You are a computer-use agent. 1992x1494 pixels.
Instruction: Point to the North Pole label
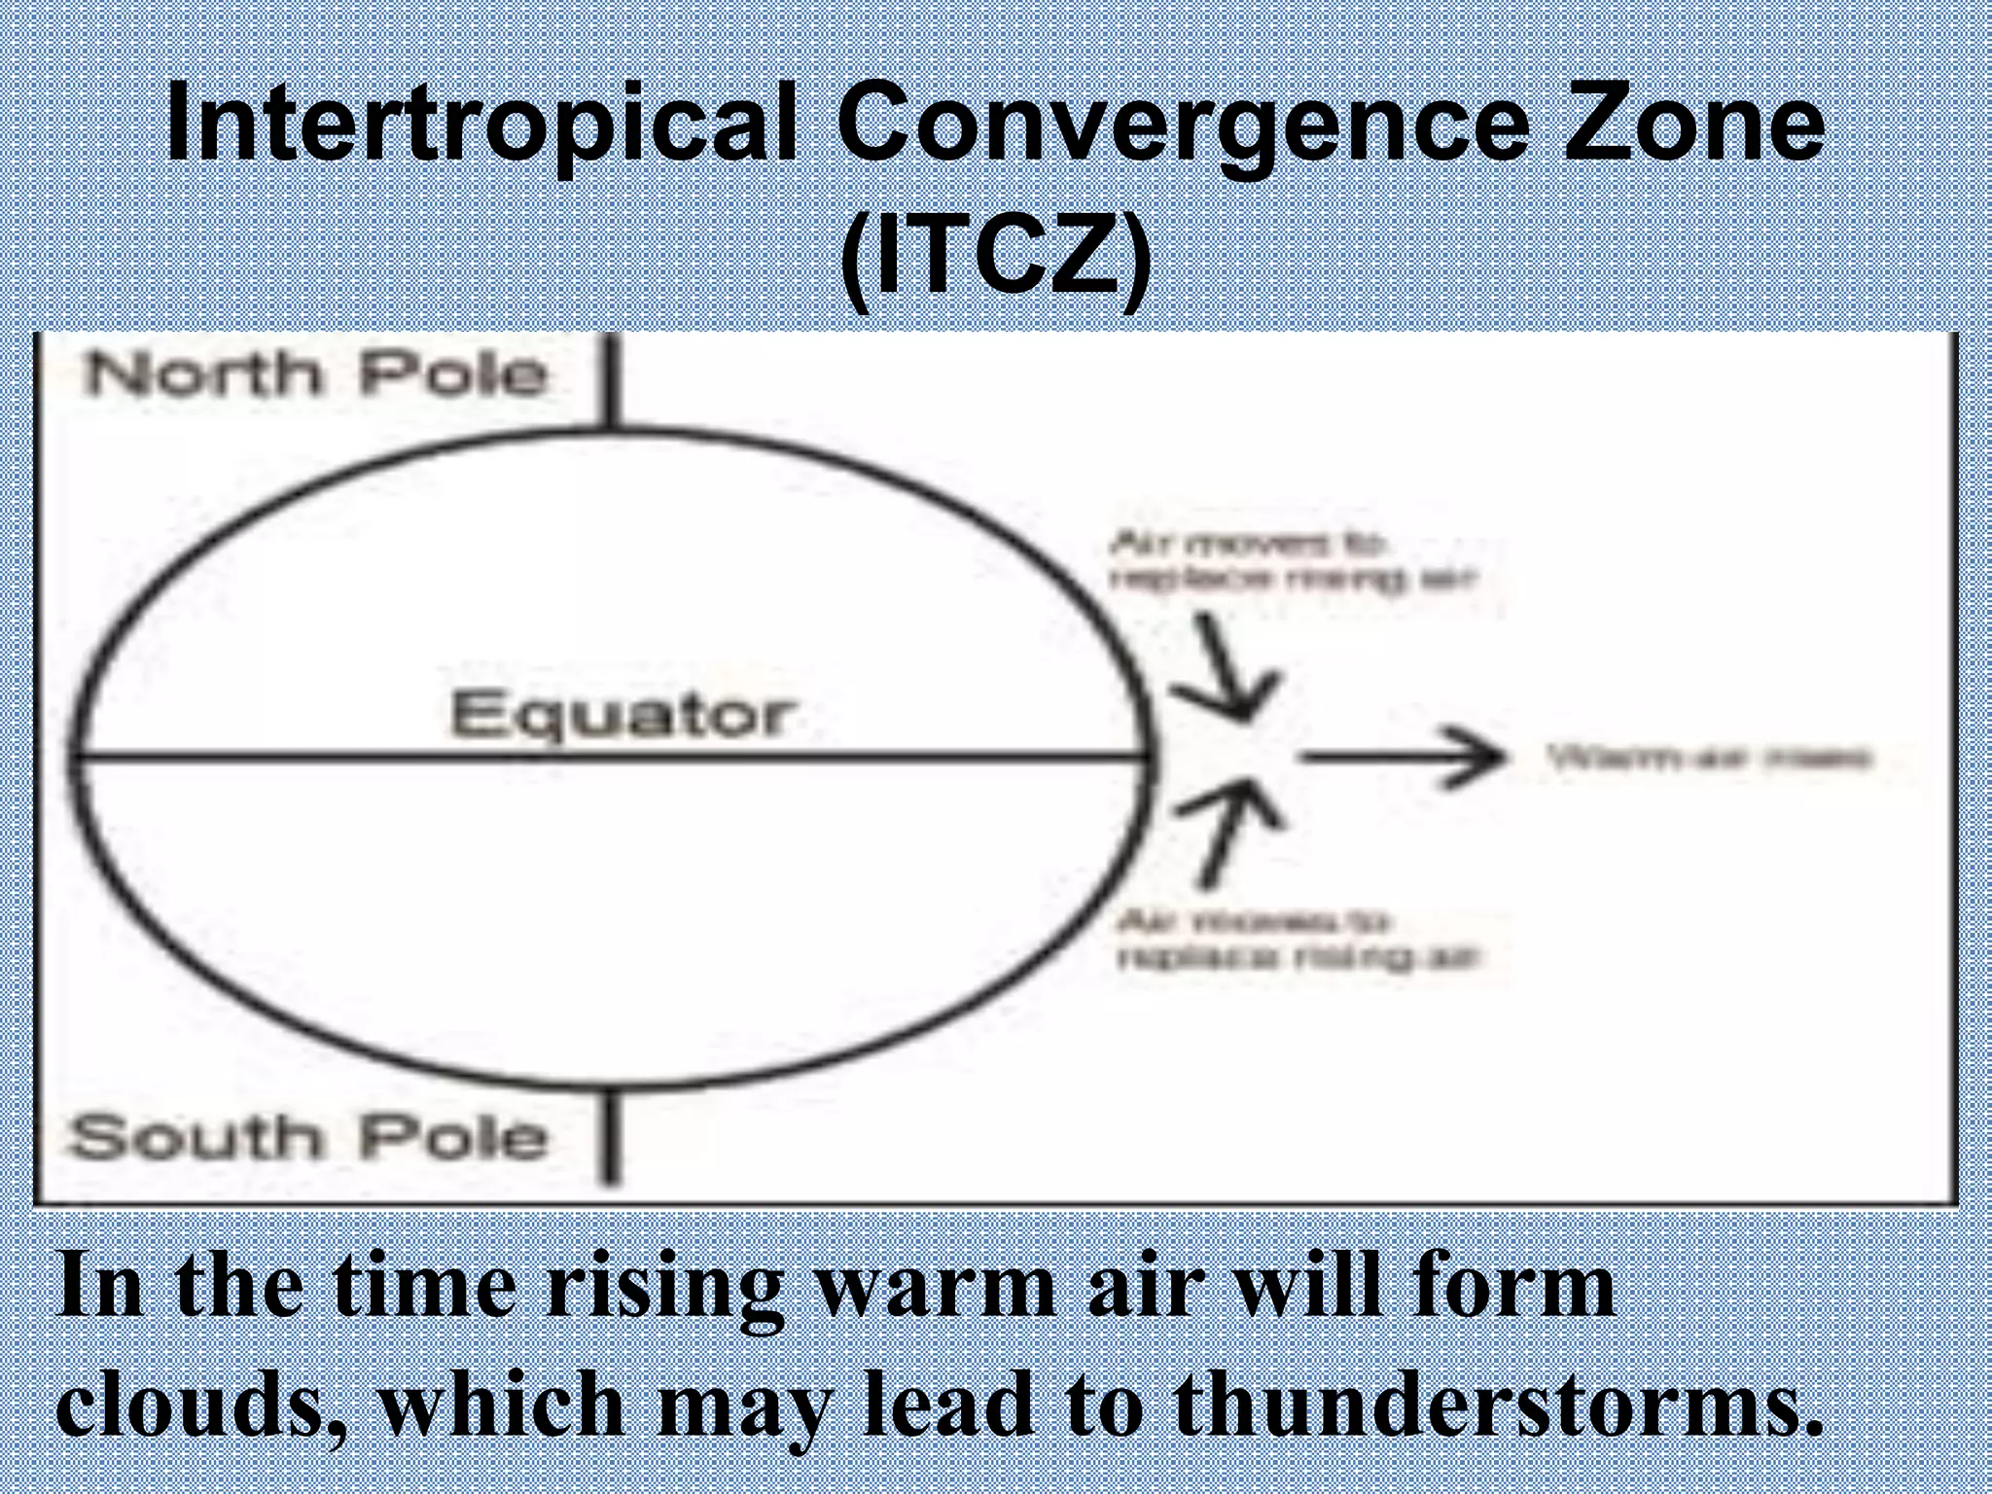click(316, 374)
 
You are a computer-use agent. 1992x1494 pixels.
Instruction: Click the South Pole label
click(309, 1138)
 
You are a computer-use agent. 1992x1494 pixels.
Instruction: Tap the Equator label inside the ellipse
click(620, 715)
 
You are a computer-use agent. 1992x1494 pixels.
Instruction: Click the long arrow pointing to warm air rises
click(1401, 757)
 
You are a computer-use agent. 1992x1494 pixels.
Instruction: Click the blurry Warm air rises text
click(1708, 758)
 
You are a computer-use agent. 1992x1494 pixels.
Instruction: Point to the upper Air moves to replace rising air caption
click(1292, 561)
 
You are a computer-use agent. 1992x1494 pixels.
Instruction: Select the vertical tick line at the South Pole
click(610, 1136)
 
